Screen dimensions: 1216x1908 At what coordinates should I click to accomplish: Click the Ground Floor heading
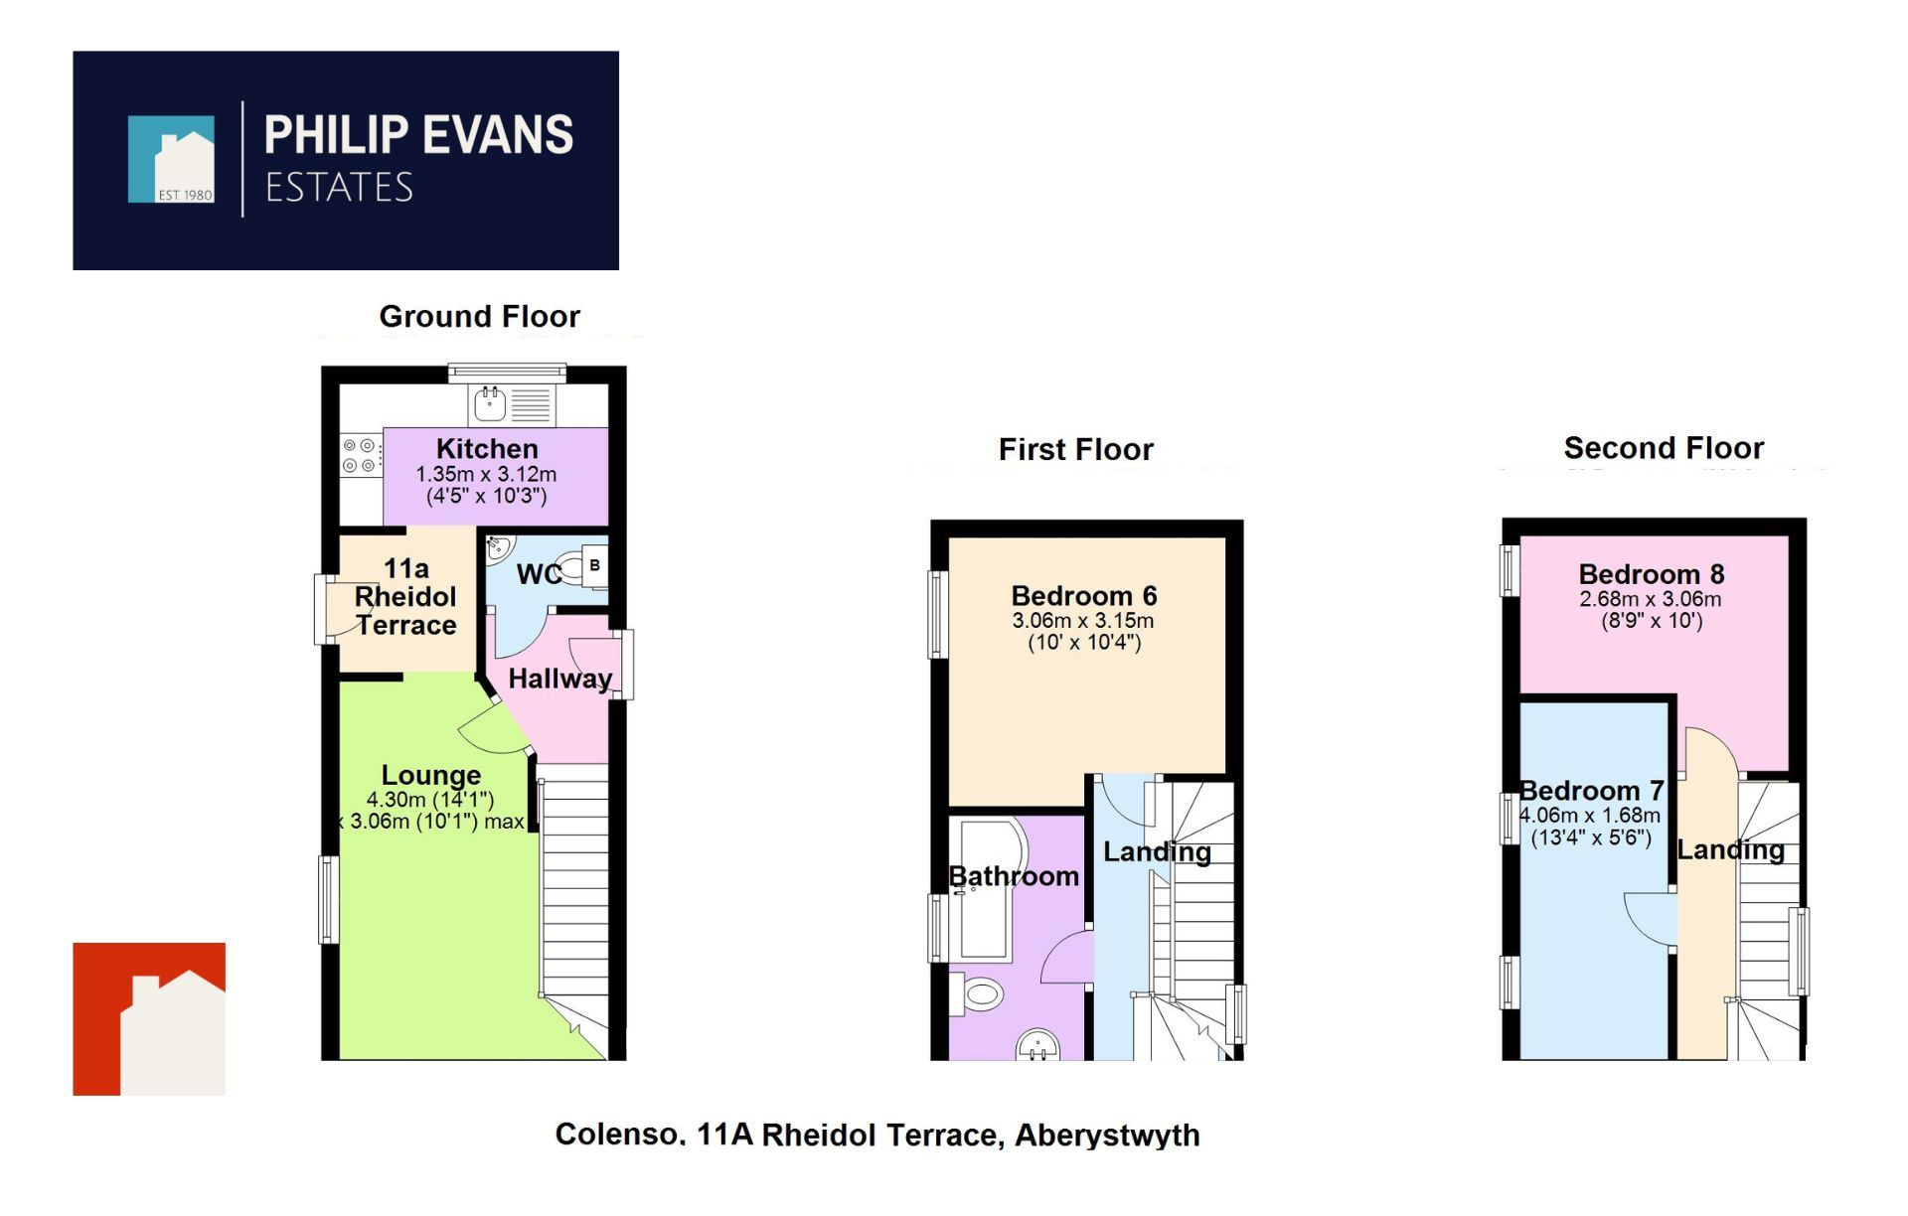479,316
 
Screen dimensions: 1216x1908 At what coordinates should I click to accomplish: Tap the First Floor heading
1075,449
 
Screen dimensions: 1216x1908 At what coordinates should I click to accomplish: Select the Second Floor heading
1664,448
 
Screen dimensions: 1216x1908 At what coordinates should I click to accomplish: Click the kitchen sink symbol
490,404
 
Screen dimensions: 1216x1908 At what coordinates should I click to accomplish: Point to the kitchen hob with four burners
360,456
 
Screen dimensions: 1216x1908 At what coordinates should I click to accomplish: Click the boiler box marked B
594,566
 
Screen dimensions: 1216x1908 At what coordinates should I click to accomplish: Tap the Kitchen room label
487,448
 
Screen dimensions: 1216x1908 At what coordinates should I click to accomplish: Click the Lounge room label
431,775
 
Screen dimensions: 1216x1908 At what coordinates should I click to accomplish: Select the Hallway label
559,679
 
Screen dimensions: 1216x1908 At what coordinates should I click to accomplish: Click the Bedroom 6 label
1083,596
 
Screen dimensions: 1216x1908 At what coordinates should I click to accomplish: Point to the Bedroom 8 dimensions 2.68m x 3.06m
1650,599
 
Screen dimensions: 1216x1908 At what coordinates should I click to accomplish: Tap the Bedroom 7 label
1590,791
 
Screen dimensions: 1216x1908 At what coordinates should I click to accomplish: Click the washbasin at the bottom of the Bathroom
1038,1045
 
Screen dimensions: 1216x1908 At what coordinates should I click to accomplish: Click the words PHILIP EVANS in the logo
417,135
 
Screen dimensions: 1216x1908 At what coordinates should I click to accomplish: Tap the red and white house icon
149,1019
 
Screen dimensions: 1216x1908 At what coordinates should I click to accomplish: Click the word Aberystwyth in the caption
1107,1135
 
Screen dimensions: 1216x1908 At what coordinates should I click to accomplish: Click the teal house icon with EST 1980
171,160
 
